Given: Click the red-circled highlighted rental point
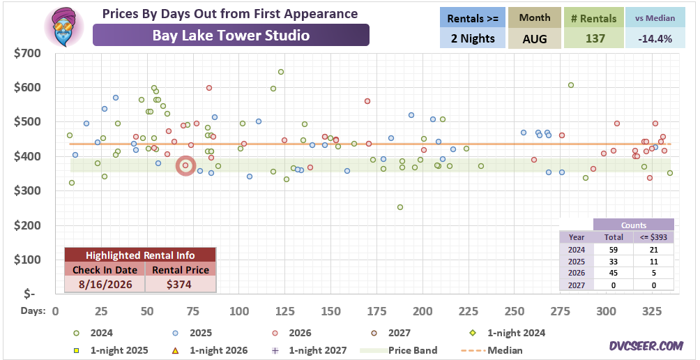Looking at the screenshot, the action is pyautogui.click(x=185, y=166).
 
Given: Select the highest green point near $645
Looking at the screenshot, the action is pyautogui.click(x=281, y=72).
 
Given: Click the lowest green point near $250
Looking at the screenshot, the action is pyautogui.click(x=400, y=207).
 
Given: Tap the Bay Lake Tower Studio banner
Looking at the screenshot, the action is pyautogui.click(x=231, y=36).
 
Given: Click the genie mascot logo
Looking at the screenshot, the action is pyautogui.click(x=64, y=27).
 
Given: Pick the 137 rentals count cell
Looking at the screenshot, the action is pyautogui.click(x=593, y=38).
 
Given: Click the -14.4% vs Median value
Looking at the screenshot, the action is pyautogui.click(x=655, y=38).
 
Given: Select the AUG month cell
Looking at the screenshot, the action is pyautogui.click(x=534, y=38).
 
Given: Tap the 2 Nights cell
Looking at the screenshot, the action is pyautogui.click(x=472, y=38).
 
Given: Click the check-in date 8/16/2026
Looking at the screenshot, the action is pyautogui.click(x=105, y=284).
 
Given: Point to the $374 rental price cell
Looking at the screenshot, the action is pyautogui.click(x=181, y=284).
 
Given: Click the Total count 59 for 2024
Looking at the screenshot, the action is pyautogui.click(x=613, y=250).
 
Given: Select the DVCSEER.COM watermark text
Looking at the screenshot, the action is pyautogui.click(x=646, y=346).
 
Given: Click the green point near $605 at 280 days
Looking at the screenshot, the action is pyautogui.click(x=570, y=85).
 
